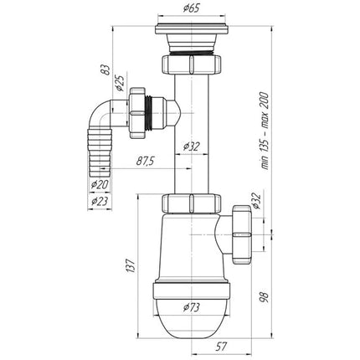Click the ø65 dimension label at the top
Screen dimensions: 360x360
(x=192, y=8)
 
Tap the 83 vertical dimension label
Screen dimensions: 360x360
(x=105, y=69)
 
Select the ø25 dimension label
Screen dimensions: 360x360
(x=121, y=83)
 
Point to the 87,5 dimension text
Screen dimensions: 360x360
(x=146, y=161)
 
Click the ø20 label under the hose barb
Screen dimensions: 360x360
(x=100, y=184)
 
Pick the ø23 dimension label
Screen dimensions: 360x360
(x=100, y=201)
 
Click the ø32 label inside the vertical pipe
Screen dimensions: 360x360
(x=192, y=147)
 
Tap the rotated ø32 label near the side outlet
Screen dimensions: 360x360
(x=256, y=200)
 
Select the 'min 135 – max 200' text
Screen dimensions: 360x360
(x=265, y=131)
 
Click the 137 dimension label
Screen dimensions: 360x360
(x=132, y=265)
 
